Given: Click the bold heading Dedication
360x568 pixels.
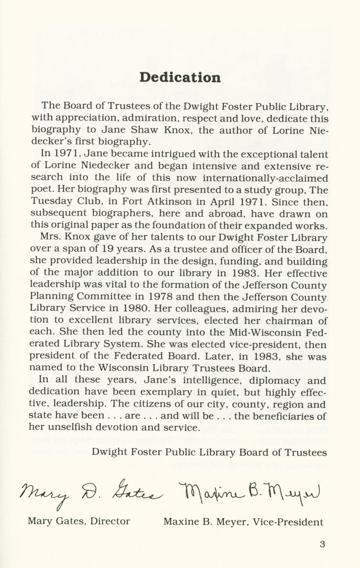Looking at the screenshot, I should coord(180,77).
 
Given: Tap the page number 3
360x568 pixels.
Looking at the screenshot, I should coord(322,544).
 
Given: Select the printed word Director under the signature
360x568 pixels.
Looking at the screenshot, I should coord(110,521).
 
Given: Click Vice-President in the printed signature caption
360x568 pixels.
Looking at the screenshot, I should coord(288,522).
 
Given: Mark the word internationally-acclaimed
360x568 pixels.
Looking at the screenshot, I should coord(265,178).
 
